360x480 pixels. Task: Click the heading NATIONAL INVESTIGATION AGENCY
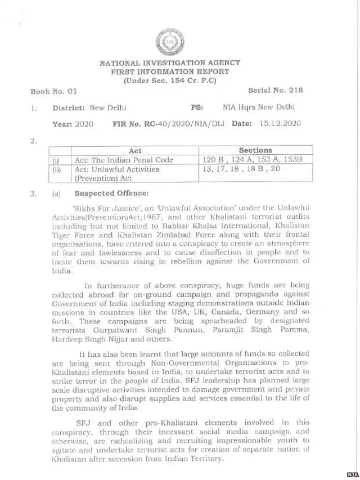(169, 63)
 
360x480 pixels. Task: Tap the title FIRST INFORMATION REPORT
(169, 71)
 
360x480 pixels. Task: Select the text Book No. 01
(54, 91)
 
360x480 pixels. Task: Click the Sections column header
(255, 150)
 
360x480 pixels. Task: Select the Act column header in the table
(135, 151)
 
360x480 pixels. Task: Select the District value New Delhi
(109, 107)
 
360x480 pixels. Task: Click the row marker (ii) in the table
(56, 169)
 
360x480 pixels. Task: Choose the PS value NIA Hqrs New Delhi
(258, 107)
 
